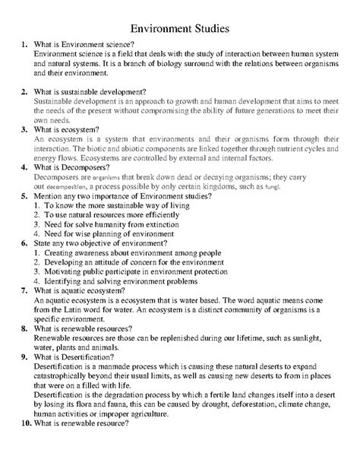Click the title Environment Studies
(x=181, y=27)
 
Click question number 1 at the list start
(x=25, y=48)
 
